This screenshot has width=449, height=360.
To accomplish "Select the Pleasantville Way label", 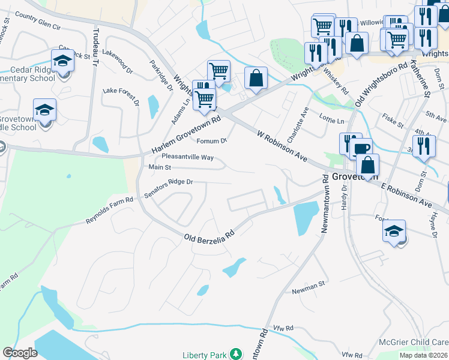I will click(x=188, y=157).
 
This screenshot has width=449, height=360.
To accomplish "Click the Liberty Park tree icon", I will click(x=237, y=354).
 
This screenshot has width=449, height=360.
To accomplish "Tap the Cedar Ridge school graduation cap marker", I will click(x=62, y=61).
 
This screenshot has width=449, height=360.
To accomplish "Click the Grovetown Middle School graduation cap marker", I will click(x=44, y=110).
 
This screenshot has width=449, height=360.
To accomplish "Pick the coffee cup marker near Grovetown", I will click(x=361, y=149).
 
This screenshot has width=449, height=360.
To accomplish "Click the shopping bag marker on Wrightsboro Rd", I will click(x=256, y=79).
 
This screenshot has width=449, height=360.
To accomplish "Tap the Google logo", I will click(x=20, y=353).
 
